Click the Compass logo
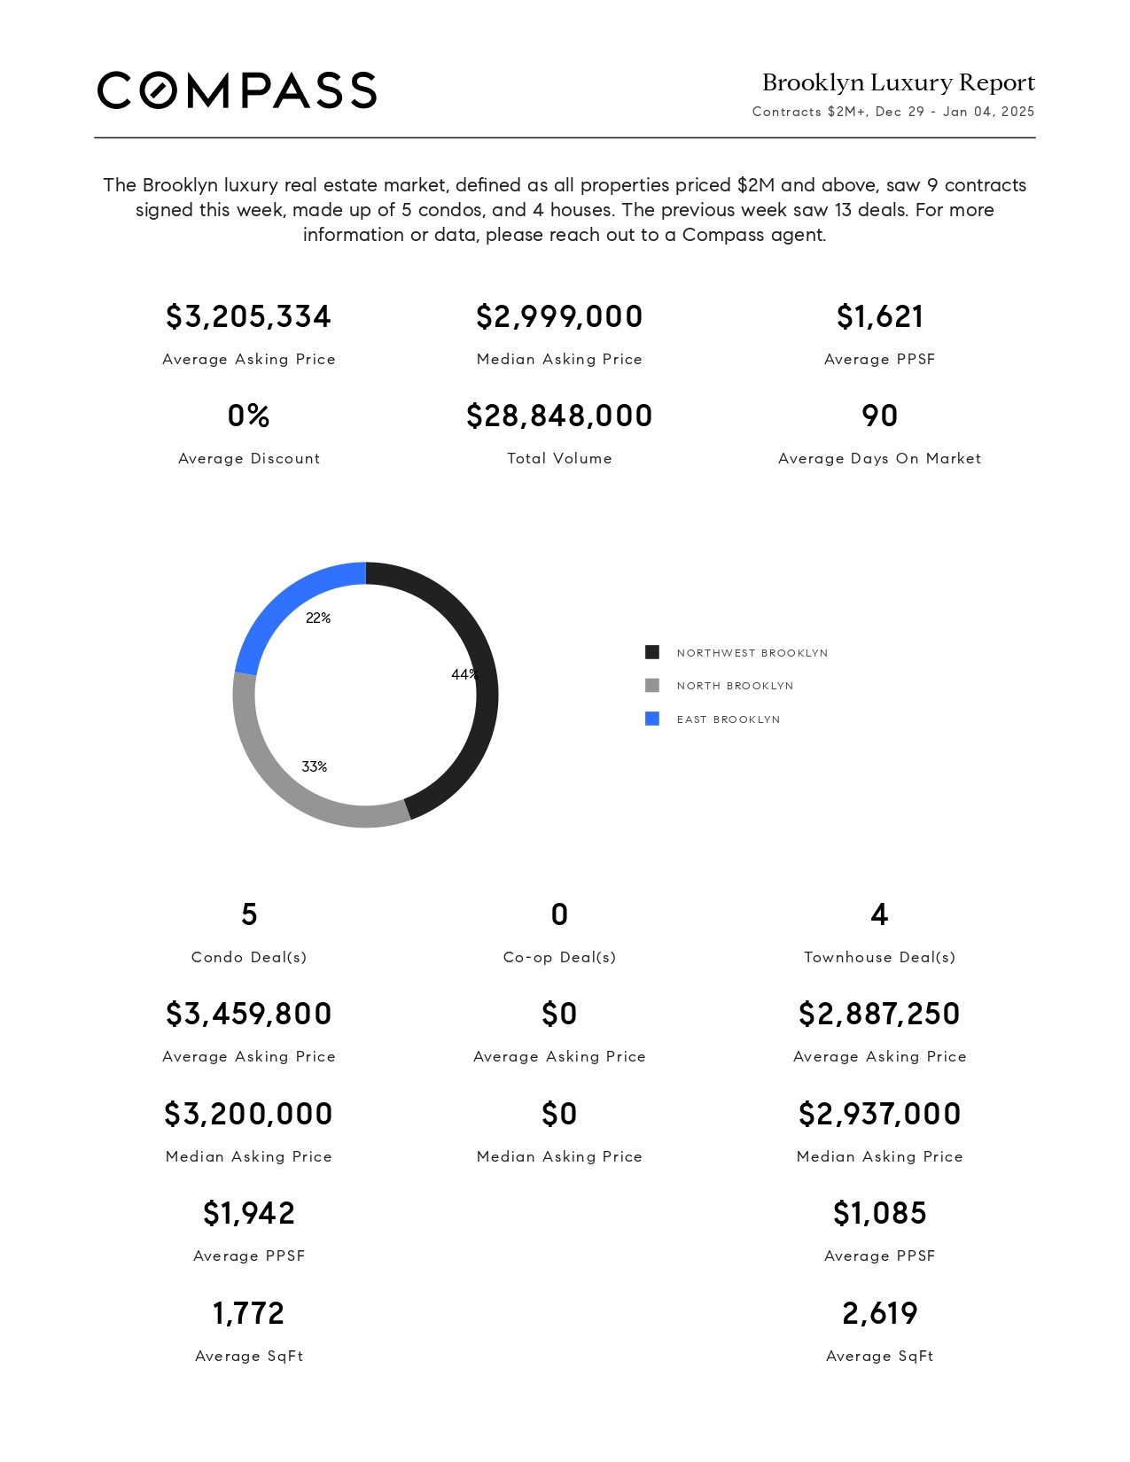pyautogui.click(x=237, y=90)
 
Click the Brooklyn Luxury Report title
pyautogui.click(x=898, y=82)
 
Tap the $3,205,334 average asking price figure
pyautogui.click(x=248, y=316)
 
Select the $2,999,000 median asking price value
pyautogui.click(x=559, y=316)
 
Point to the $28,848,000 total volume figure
pyautogui.click(x=559, y=416)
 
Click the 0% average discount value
pyautogui.click(x=248, y=416)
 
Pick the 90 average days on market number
pyautogui.click(x=879, y=416)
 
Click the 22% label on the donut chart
pyautogui.click(x=318, y=618)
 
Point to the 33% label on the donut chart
pyautogui.click(x=315, y=766)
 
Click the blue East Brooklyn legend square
pyautogui.click(x=652, y=719)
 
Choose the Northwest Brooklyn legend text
pyautogui.click(x=752, y=653)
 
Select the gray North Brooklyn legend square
pyautogui.click(x=652, y=686)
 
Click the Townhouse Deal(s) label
pyautogui.click(x=879, y=957)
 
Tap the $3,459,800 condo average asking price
pyautogui.click(x=248, y=1014)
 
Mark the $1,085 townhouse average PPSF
pyautogui.click(x=879, y=1213)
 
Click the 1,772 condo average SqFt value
pyautogui.click(x=248, y=1313)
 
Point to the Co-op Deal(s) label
pyautogui.click(x=559, y=957)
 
